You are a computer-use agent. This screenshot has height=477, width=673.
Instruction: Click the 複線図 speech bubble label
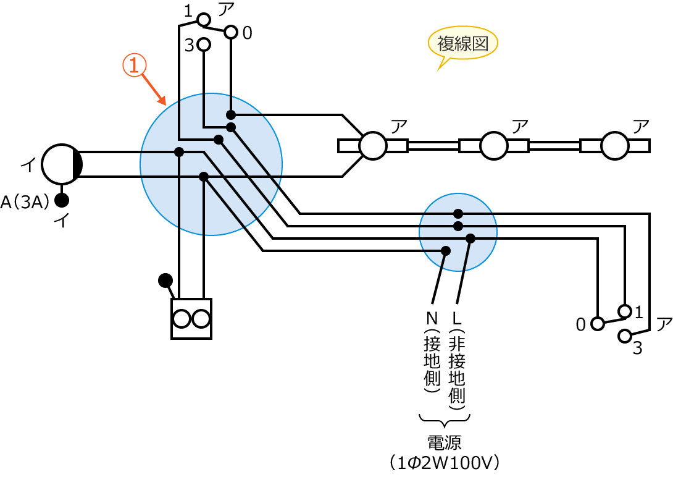point(462,44)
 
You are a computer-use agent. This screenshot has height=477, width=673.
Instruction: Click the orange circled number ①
point(133,65)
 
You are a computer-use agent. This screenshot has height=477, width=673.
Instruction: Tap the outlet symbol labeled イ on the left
point(62,164)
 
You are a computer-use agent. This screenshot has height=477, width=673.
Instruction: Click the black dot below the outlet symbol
point(62,200)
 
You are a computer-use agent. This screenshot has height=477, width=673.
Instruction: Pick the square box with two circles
point(191,319)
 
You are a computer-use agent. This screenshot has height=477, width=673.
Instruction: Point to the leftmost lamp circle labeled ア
point(373,146)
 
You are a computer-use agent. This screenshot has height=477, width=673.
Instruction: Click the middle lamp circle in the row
point(493,146)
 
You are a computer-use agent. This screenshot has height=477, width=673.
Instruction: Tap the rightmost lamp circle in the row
point(614,146)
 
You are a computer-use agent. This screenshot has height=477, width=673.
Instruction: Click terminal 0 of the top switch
point(231,32)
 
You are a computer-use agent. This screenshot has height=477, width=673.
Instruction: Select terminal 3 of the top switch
point(204,45)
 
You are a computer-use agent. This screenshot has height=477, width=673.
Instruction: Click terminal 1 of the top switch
point(204,20)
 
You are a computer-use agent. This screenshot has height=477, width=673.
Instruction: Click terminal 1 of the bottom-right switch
point(625,311)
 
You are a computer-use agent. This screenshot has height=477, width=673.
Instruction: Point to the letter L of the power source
point(457,319)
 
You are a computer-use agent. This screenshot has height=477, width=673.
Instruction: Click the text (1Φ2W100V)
point(444,462)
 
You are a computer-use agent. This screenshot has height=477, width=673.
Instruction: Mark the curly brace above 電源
point(444,420)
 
